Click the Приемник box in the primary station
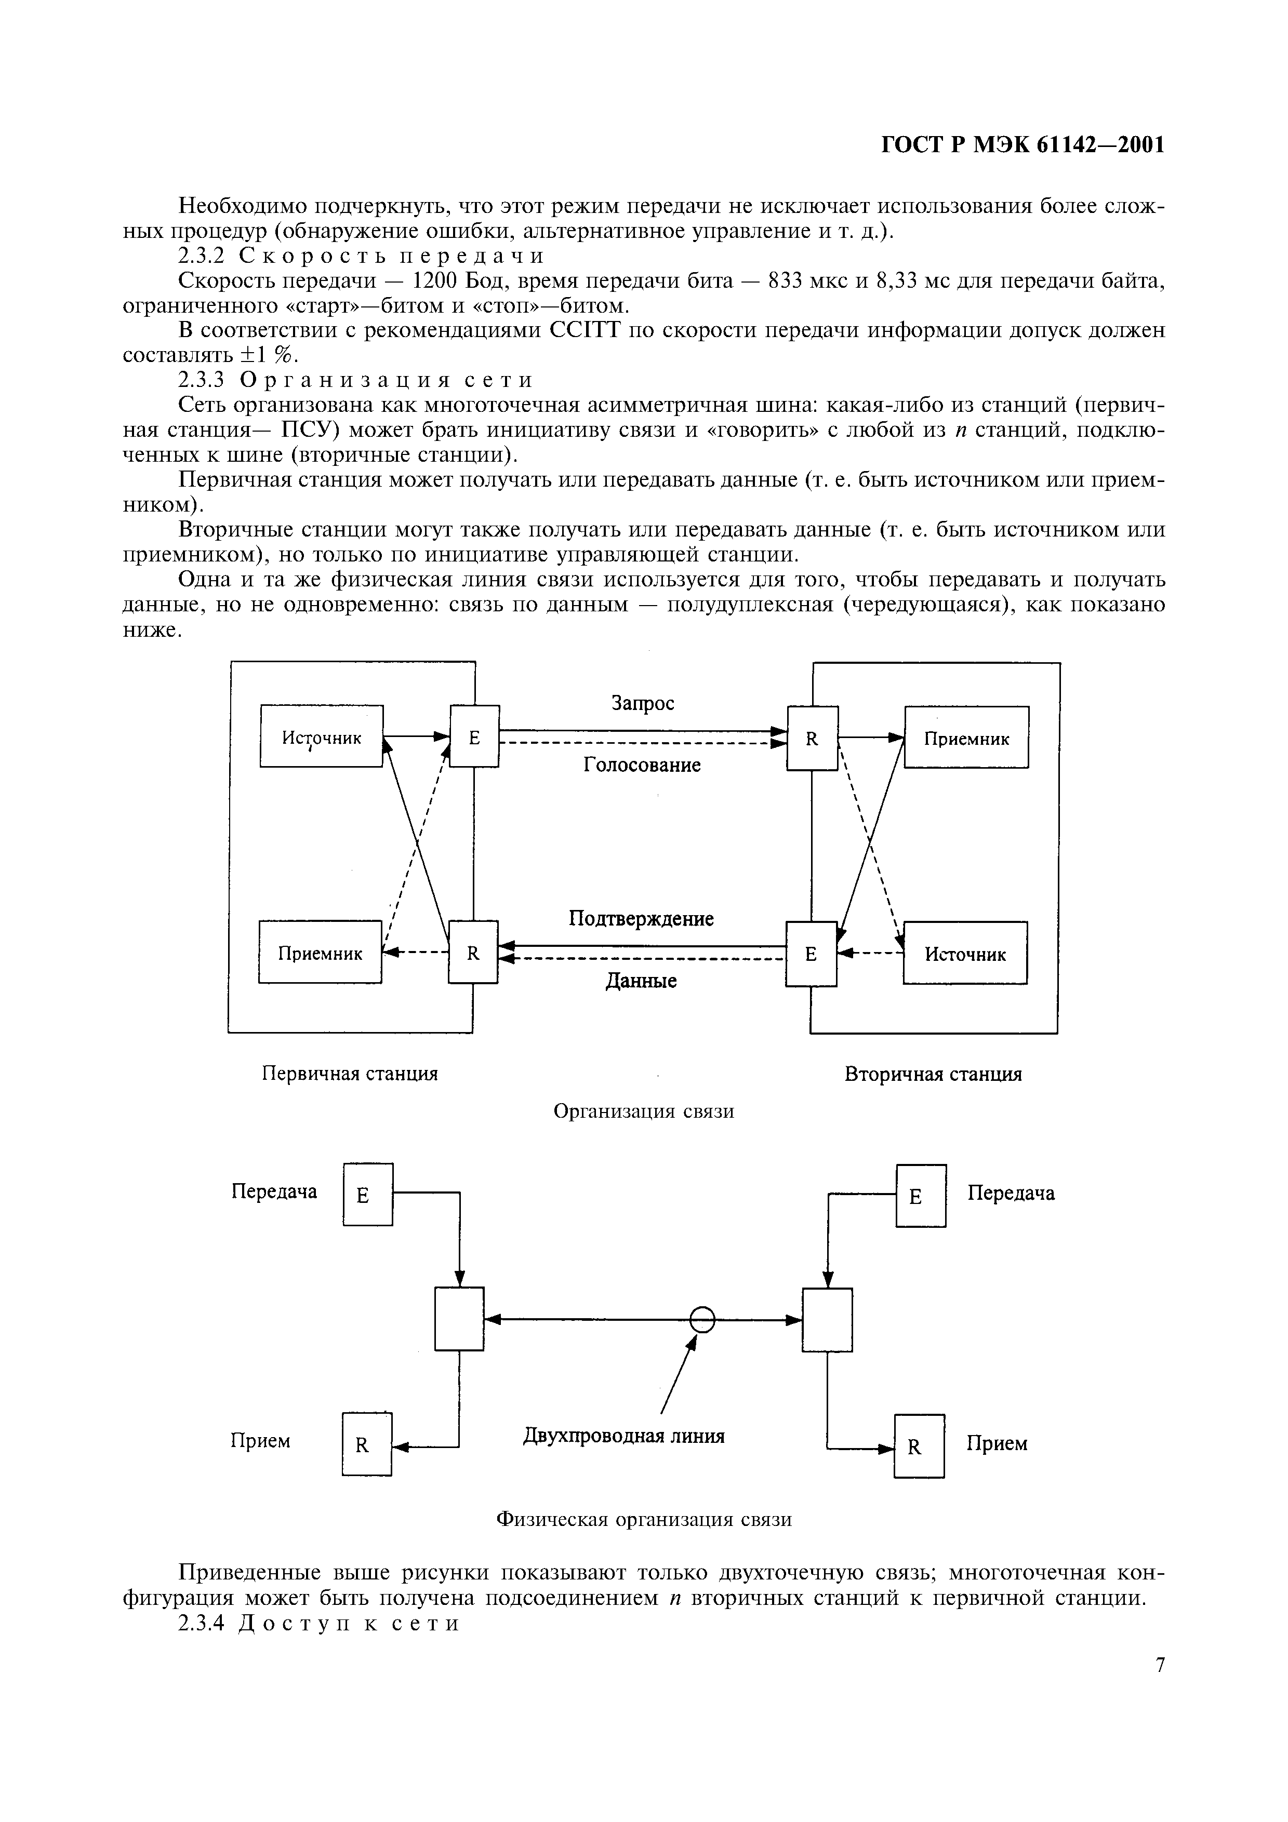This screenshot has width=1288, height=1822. pos(320,952)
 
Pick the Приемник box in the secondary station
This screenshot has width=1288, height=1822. pos(966,738)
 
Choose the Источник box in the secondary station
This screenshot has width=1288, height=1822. pos(965,953)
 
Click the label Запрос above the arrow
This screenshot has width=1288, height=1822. pos(642,703)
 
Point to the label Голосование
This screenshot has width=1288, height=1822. pos(642,765)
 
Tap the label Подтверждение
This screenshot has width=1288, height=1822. pos(641,918)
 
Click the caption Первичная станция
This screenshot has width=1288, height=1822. pos(350,1074)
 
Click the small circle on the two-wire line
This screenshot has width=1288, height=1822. pos(702,1320)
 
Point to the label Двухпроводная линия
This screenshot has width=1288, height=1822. pos(624,1436)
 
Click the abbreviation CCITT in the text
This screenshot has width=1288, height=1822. pos(583,330)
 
